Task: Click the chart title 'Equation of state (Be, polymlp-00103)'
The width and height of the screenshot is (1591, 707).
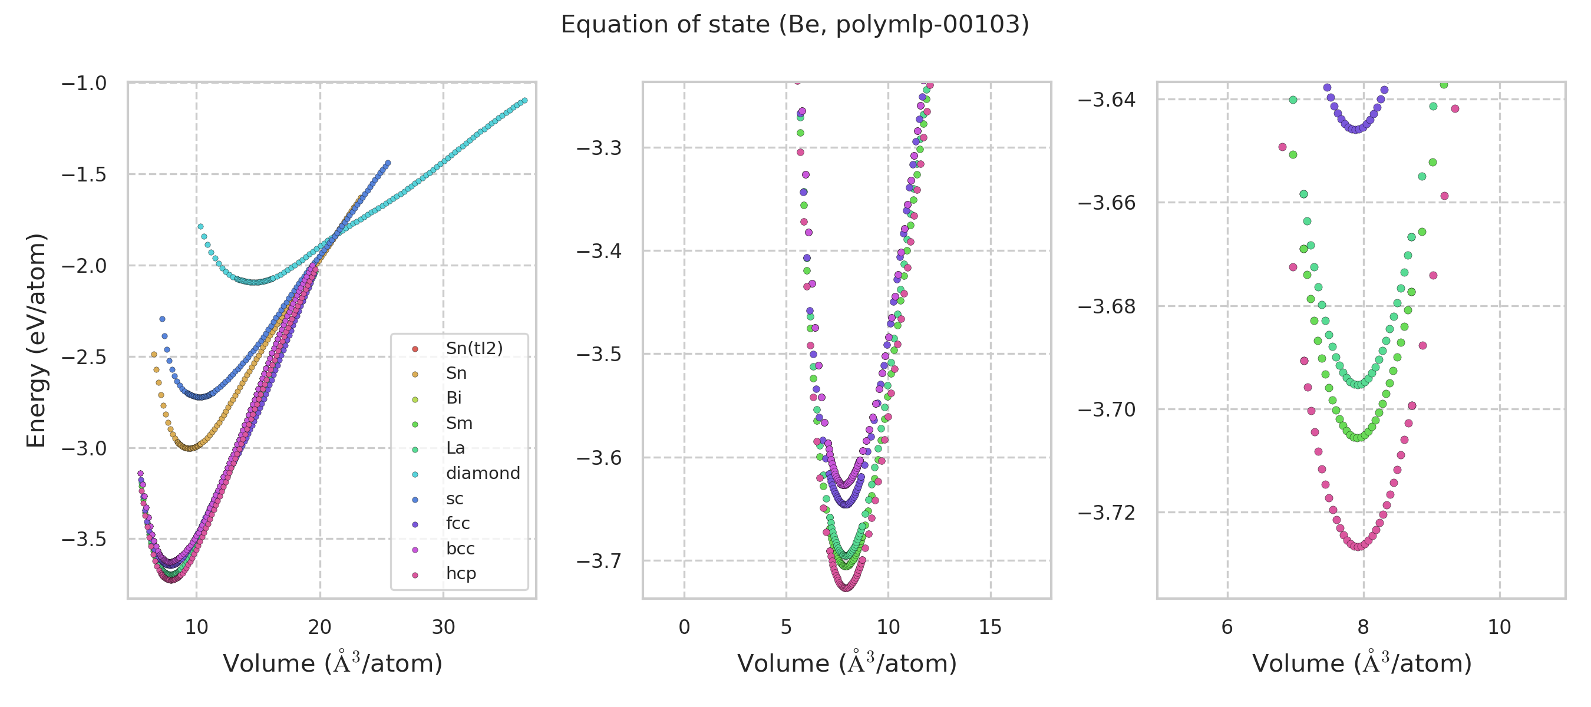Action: pos(795,25)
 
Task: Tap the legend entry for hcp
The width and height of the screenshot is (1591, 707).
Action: pos(461,574)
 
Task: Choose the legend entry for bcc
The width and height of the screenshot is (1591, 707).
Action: pos(460,549)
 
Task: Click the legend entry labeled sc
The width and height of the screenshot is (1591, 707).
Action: pos(454,499)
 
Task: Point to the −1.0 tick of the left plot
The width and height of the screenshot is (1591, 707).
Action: pos(84,83)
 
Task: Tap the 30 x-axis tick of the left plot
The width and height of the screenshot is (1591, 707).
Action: pos(444,627)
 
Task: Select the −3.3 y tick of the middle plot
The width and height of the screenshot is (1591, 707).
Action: pos(599,148)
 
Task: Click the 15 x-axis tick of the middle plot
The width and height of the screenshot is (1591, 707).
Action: pos(990,627)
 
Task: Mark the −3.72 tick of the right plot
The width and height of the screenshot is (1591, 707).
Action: pos(1107,513)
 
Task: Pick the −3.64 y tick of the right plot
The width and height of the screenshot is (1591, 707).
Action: pos(1107,100)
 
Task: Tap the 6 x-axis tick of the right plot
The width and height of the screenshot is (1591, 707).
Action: pos(1227,627)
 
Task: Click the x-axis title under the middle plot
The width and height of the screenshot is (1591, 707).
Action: pos(847,663)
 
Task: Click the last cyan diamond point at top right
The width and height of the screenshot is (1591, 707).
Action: pos(524,101)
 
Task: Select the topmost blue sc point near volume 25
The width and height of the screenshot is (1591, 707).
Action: pos(388,163)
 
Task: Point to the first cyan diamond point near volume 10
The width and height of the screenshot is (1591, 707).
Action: pos(200,227)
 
